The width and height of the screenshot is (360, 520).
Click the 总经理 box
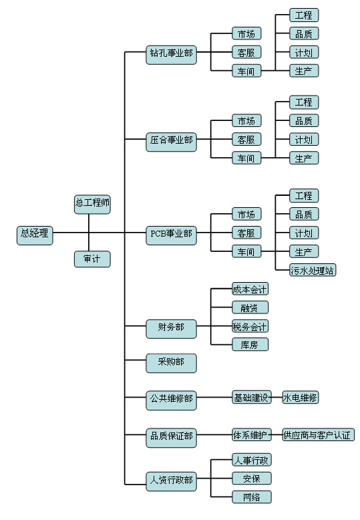[35, 236]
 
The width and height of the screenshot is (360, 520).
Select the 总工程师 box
[92, 205]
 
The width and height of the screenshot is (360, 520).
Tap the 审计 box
[92, 259]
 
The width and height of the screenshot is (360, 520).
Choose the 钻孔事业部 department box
[171, 55]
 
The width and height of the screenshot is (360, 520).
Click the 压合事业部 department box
[171, 142]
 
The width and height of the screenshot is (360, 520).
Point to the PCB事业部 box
[171, 236]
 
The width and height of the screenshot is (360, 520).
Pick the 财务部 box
[171, 329]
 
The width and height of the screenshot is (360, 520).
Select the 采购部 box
[171, 363]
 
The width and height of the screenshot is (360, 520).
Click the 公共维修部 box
[171, 400]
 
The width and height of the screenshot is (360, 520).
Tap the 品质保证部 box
[171, 438]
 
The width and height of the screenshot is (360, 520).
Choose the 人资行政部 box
[171, 481]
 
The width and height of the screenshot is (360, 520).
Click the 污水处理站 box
[313, 270]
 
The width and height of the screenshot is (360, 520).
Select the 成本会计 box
[250, 289]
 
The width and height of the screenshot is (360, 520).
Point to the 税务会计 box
[250, 326]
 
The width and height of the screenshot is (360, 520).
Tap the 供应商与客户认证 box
[318, 434]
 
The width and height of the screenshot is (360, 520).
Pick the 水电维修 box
[301, 397]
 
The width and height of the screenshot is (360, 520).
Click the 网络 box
[252, 497]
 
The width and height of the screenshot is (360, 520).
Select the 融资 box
[250, 307]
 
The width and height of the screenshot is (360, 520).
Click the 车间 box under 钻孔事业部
[246, 71]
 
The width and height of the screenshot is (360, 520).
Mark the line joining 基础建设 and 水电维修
[277, 397]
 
